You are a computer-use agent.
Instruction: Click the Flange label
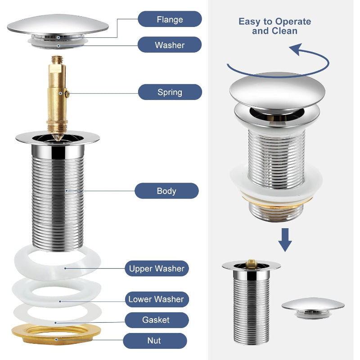tap(170, 19)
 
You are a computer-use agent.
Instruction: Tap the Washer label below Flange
tap(170, 45)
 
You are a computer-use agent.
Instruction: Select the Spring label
tap(170, 92)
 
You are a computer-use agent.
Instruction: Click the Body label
tap(166, 191)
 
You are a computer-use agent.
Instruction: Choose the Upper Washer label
tap(157, 269)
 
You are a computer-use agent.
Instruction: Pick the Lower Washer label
tap(156, 299)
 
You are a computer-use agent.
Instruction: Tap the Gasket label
tap(156, 320)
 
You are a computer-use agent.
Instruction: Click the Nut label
tap(154, 341)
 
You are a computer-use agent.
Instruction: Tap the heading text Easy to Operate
tap(274, 22)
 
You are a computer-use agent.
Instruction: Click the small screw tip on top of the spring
tap(57, 59)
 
